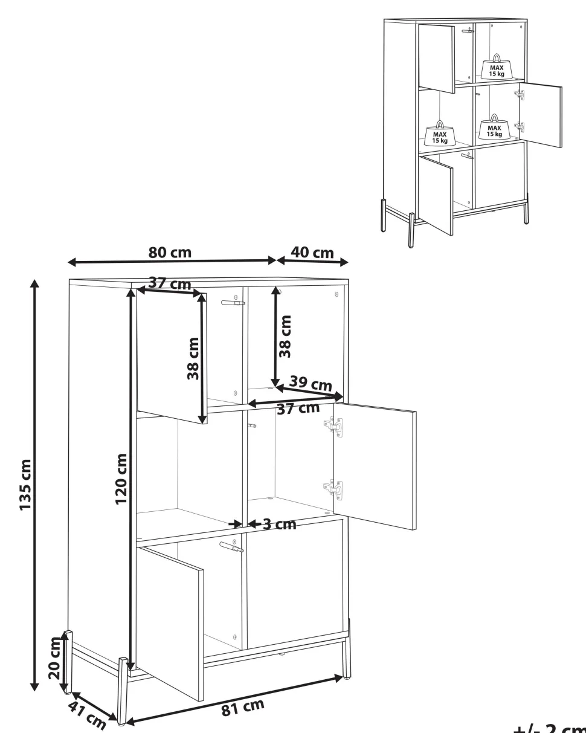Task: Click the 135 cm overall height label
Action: pyautogui.click(x=26, y=485)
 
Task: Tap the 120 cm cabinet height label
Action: pyautogui.click(x=121, y=479)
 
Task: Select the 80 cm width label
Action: pyautogui.click(x=170, y=253)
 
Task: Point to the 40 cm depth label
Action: pyautogui.click(x=312, y=253)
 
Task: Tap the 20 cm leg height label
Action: pyautogui.click(x=54, y=657)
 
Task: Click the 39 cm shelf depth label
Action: pyautogui.click(x=311, y=383)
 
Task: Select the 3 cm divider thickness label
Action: pyautogui.click(x=280, y=524)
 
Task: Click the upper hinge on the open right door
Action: pyautogui.click(x=333, y=426)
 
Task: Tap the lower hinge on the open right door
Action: pyautogui.click(x=333, y=489)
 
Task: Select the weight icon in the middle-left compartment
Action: pyautogui.click(x=440, y=133)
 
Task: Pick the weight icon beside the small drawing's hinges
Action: pyautogui.click(x=494, y=127)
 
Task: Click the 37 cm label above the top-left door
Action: pyautogui.click(x=170, y=283)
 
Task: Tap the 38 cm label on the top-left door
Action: pyautogui.click(x=193, y=358)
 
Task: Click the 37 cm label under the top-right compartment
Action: pyautogui.click(x=298, y=408)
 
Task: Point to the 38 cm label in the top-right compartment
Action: pyautogui.click(x=285, y=337)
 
